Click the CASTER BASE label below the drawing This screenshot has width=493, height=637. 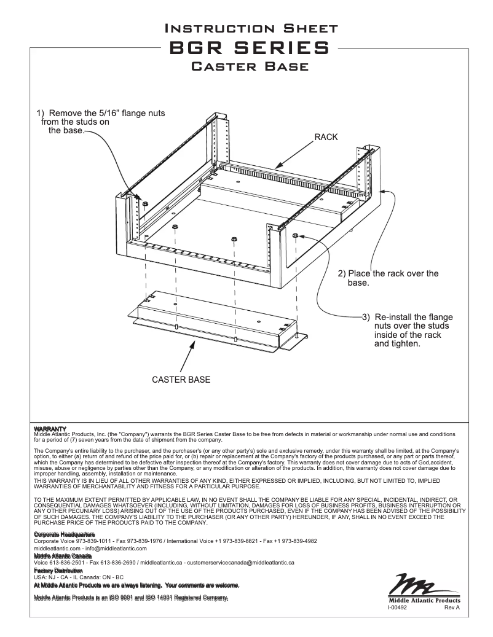click(x=181, y=380)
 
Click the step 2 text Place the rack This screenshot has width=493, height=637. click(x=388, y=278)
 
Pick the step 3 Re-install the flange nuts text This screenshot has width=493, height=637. click(x=406, y=330)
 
